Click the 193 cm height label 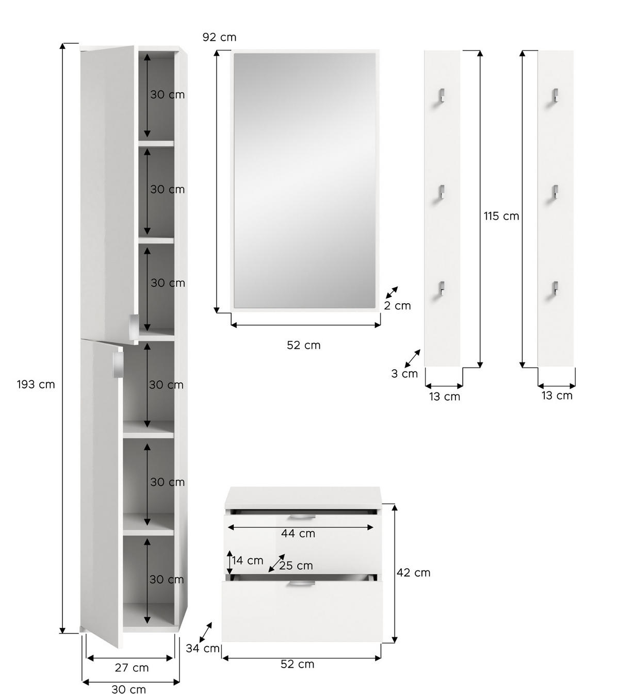(36, 384)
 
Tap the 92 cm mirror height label (219, 37)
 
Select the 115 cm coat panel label (501, 216)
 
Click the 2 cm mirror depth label (397, 306)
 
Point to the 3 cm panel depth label (404, 374)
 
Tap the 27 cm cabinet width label (131, 668)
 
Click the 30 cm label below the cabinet (128, 689)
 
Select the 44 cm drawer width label (298, 534)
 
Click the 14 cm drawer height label (247, 560)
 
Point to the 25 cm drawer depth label (296, 566)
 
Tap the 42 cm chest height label (413, 572)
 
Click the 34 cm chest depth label (203, 648)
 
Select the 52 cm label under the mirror (303, 345)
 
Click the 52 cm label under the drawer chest (297, 664)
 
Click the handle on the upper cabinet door (133, 323)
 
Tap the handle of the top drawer (302, 516)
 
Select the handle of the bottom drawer (301, 584)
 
